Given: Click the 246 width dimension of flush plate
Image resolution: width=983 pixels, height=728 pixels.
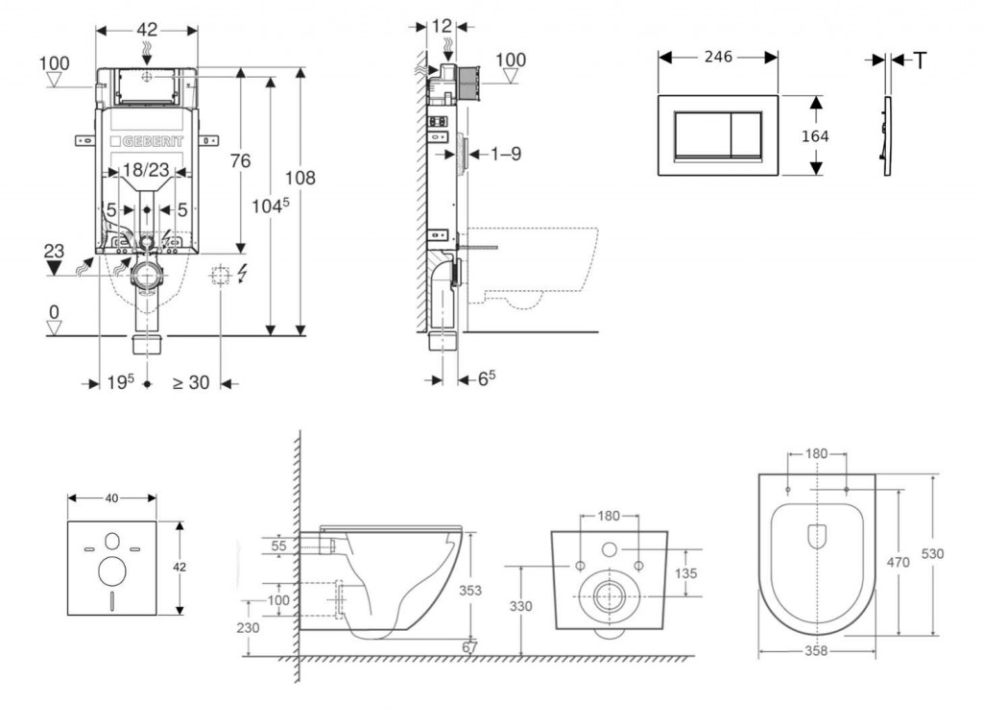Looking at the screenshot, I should pyautogui.click(x=717, y=58).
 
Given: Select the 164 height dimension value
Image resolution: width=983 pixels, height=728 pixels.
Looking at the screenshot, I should pyautogui.click(x=814, y=135).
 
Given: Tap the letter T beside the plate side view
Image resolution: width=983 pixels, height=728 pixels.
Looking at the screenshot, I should pyautogui.click(x=920, y=61).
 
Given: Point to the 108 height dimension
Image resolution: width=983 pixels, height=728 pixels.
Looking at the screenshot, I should pyautogui.click(x=300, y=178).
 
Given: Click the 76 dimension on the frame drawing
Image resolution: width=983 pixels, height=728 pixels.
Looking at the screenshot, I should pyautogui.click(x=239, y=160).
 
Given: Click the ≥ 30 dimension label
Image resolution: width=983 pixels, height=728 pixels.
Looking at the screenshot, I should pyautogui.click(x=191, y=382).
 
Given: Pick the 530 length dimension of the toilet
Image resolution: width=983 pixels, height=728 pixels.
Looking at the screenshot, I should pyautogui.click(x=931, y=553).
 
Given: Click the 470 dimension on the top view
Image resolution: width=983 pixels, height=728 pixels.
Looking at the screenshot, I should pyautogui.click(x=898, y=562).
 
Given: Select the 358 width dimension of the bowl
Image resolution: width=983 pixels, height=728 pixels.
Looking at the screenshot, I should pyautogui.click(x=816, y=650).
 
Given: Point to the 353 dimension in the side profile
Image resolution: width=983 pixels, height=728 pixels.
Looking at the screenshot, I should pyautogui.click(x=469, y=590).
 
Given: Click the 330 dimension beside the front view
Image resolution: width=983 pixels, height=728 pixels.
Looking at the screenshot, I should pyautogui.click(x=519, y=606).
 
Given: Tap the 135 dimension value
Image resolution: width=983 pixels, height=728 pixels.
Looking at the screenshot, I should pyautogui.click(x=684, y=572).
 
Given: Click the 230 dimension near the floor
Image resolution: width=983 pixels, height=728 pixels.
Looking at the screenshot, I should pyautogui.click(x=248, y=628).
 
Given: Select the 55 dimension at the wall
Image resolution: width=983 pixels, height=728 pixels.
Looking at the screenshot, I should pyautogui.click(x=279, y=545).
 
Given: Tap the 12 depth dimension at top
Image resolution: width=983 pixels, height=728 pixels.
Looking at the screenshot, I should pyautogui.click(x=442, y=26).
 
